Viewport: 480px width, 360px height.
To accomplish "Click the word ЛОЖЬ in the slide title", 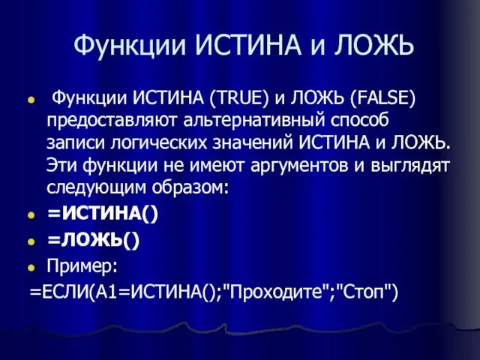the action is (x=373, y=45).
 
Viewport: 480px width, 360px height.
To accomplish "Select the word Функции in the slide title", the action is (x=130, y=46).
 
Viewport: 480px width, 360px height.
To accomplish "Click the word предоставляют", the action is (x=112, y=121).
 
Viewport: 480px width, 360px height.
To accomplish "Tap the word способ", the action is (x=359, y=121).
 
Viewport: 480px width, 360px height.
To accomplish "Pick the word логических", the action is (x=158, y=143).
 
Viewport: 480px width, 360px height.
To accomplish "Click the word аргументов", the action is (x=300, y=166).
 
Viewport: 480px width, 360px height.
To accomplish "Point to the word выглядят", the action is (x=410, y=166).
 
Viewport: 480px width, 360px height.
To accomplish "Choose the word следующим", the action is (x=97, y=187).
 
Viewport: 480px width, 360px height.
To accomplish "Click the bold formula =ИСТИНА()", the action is (x=103, y=213).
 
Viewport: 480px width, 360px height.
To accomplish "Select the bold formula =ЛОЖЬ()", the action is (x=93, y=240).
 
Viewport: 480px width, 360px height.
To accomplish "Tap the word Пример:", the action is (x=82, y=266).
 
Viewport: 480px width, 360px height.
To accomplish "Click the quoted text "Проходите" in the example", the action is (x=276, y=292).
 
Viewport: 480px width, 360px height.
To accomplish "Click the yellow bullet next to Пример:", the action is (x=31, y=268).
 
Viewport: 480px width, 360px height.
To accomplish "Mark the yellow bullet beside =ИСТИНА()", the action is (x=31, y=215).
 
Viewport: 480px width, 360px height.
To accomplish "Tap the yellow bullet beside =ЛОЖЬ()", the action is (x=31, y=241).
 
